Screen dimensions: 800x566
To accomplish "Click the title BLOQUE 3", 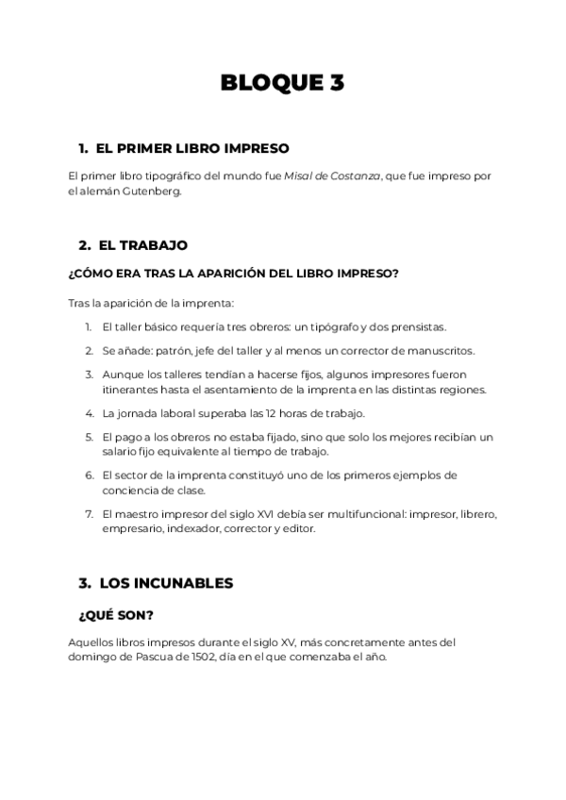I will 282,83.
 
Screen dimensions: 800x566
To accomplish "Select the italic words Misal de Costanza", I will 333,175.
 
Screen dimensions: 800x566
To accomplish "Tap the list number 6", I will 88,475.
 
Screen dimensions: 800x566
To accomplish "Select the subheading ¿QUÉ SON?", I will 116,615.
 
